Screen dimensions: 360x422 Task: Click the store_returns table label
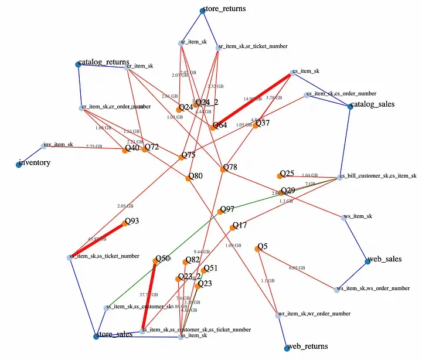pos(224,9)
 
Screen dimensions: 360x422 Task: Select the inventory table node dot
pos(19,165)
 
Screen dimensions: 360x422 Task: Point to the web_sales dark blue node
pos(367,261)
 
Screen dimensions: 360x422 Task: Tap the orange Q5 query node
pos(258,249)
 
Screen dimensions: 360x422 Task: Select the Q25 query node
pos(280,175)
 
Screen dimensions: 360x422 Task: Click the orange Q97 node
pos(221,211)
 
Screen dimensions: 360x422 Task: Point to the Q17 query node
pos(234,226)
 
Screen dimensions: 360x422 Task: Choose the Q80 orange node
pos(189,178)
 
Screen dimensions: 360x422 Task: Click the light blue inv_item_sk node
pos(44,145)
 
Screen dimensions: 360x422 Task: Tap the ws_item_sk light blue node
pos(344,218)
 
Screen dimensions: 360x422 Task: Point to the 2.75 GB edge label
pos(94,147)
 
